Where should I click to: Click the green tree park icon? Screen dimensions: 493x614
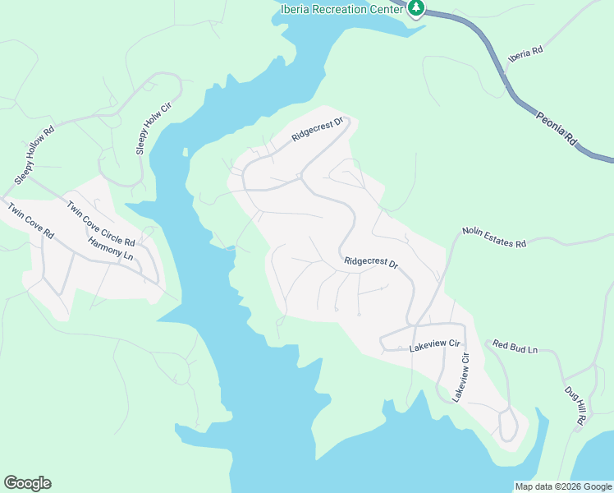417,7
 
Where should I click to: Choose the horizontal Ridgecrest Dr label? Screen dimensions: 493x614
371,264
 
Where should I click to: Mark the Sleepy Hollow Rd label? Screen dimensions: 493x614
33,155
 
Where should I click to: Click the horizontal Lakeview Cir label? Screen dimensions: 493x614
431,349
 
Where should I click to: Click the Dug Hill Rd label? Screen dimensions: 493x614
575,405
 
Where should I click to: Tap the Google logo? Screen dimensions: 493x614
27,483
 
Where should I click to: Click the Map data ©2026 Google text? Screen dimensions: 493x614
562,486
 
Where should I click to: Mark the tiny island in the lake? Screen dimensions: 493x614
186,152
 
